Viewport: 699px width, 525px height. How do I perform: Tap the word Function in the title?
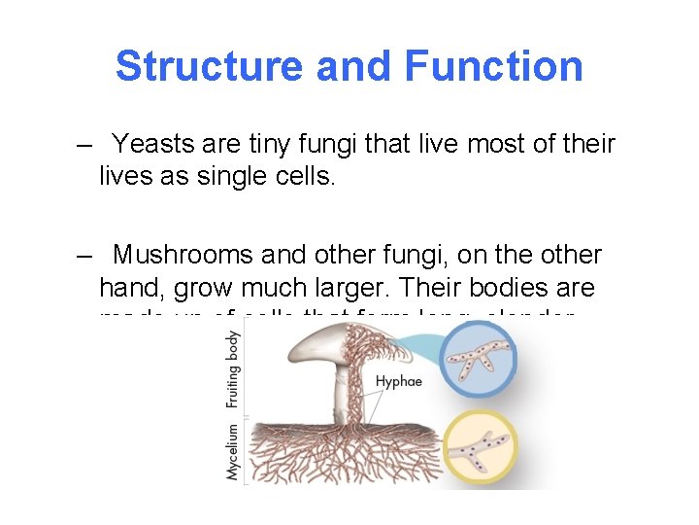[x=493, y=66]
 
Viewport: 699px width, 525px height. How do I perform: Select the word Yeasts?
[x=155, y=145]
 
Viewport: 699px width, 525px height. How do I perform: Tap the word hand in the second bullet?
[x=132, y=289]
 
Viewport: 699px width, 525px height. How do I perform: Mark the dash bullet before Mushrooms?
[x=86, y=257]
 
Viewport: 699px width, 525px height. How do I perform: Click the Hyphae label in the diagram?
[x=399, y=381]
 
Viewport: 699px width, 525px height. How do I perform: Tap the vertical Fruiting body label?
[x=233, y=369]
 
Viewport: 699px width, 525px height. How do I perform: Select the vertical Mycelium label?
[x=233, y=451]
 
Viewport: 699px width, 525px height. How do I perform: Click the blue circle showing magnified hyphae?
[x=477, y=359]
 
